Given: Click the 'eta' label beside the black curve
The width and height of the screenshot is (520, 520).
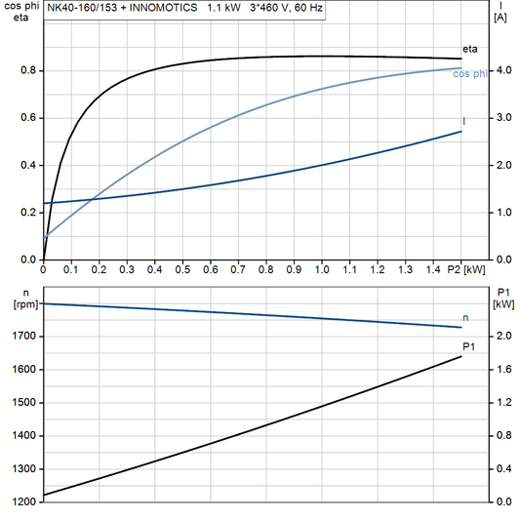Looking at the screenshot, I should coord(469,48).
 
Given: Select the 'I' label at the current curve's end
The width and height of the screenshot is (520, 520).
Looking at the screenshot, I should coord(463,121).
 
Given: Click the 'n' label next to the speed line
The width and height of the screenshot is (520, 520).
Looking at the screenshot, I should coord(465,318).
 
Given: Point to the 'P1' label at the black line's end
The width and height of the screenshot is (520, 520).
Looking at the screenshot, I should coord(468,346).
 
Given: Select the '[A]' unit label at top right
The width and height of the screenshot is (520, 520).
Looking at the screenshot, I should coord(500,18).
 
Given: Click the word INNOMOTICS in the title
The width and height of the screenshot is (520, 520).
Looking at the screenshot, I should coord(162,8).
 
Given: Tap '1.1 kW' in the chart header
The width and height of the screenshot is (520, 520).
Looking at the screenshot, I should coord(224,8).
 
